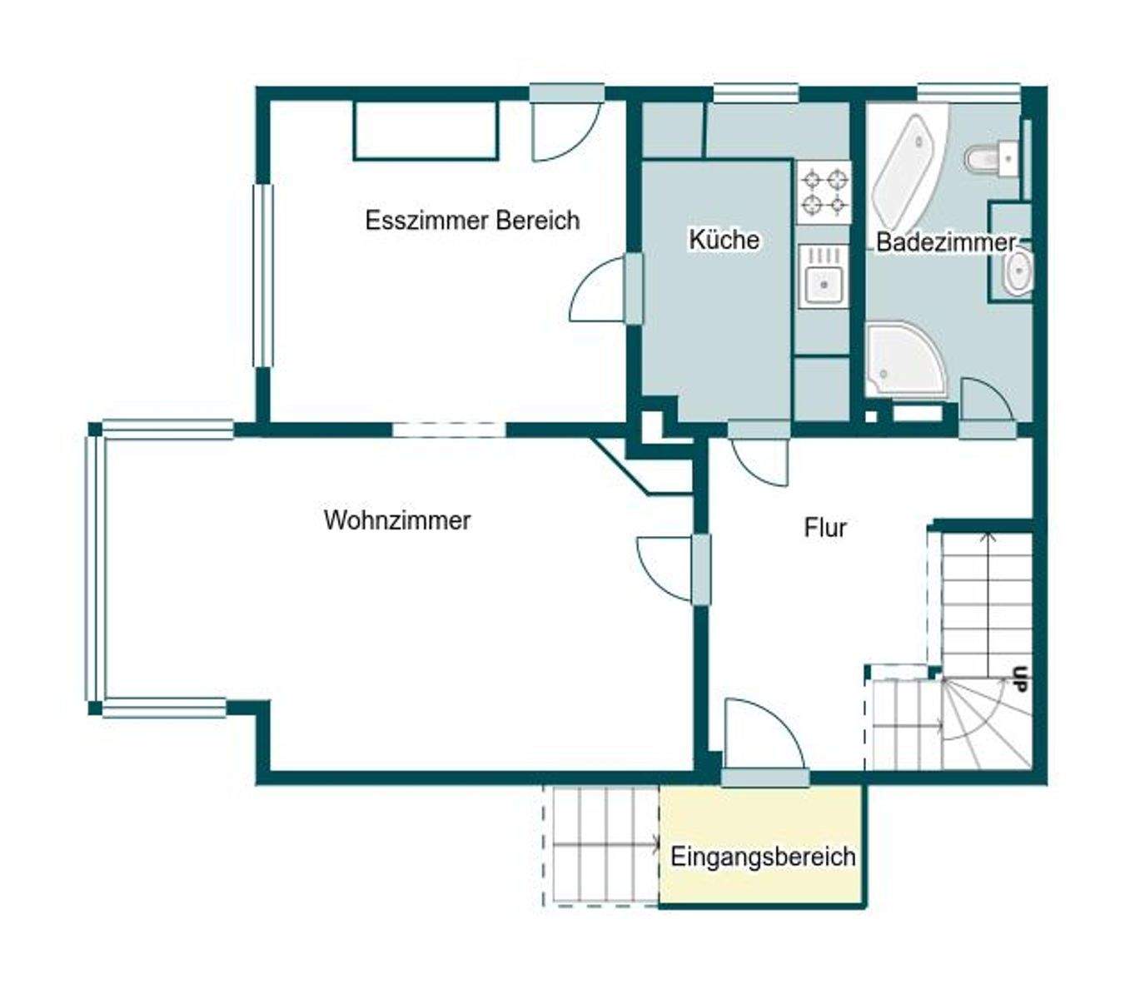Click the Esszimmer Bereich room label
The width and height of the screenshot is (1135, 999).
click(472, 221)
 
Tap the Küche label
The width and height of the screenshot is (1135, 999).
click(724, 240)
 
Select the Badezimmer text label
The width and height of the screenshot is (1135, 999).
click(946, 242)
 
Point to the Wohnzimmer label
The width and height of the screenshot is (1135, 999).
click(397, 520)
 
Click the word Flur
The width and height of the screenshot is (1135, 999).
click(824, 528)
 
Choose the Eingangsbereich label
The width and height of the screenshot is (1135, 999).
click(763, 857)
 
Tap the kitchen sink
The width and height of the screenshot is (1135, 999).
click(824, 276)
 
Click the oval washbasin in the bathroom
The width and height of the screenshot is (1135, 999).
click(1018, 271)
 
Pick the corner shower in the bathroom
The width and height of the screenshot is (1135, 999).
click(906, 360)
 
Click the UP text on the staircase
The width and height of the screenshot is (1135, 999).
click(1020, 679)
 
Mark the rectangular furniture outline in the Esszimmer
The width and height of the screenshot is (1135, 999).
click(426, 131)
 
